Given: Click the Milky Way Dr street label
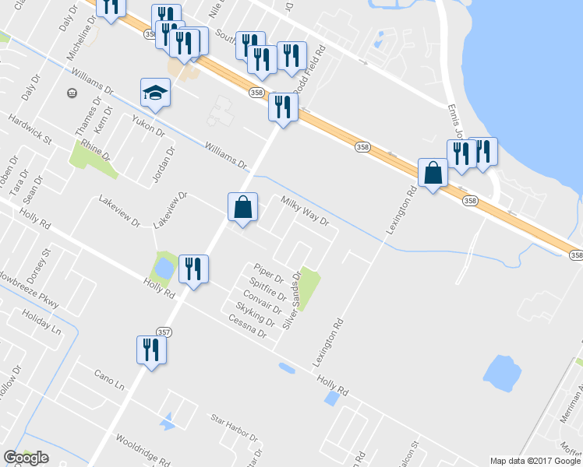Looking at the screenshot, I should click(306, 212).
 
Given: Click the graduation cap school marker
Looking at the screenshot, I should click(155, 93).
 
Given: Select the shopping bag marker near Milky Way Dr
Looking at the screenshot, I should click(243, 208).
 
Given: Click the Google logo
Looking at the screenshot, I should click(26, 458).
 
